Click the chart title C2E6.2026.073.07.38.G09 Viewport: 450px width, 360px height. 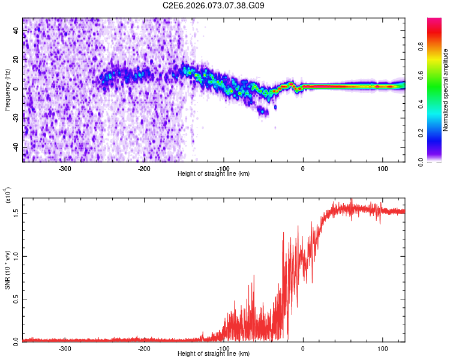coord(214,5)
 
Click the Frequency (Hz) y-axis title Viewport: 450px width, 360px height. coord(7,90)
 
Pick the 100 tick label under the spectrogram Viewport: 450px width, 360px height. coord(382,168)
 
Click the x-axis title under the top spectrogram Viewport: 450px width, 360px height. coord(214,173)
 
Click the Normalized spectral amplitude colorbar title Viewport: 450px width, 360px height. coord(446,90)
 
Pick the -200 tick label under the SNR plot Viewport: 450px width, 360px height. coord(144,348)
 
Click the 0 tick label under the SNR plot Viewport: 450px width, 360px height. coord(303,348)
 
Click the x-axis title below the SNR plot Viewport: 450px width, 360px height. coord(214,353)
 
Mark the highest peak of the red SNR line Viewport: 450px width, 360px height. coord(352,200)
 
